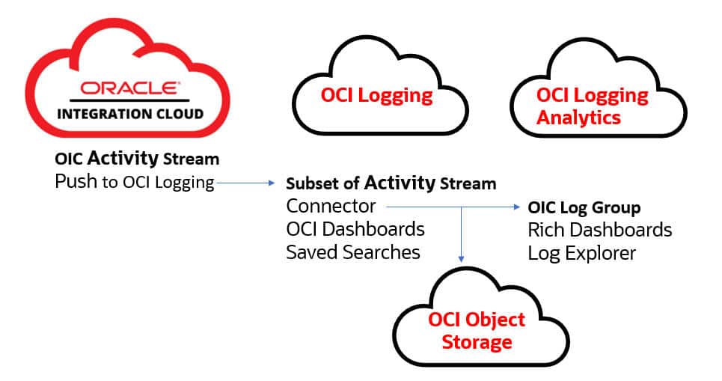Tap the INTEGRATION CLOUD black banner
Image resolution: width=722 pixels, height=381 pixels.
tap(129, 114)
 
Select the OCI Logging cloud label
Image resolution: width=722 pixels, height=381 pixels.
tap(376, 95)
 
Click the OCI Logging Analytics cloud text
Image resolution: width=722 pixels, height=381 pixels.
tap(592, 106)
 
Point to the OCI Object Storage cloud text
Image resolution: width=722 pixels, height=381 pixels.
tap(477, 331)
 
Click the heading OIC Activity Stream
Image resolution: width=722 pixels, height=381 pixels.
tap(137, 159)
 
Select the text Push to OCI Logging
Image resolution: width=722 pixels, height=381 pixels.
tap(135, 182)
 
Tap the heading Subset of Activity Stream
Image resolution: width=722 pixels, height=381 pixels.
tap(391, 183)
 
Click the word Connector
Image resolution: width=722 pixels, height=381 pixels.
tap(331, 207)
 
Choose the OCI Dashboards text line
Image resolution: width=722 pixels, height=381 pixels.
tap(355, 229)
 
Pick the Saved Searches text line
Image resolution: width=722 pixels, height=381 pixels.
tap(353, 252)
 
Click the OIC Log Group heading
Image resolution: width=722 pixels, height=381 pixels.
tap(584, 207)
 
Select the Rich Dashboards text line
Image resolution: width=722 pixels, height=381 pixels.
tap(600, 230)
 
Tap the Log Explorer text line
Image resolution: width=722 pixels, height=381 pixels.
tap(581, 253)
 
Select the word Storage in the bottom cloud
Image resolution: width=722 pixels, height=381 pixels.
tap(477, 342)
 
